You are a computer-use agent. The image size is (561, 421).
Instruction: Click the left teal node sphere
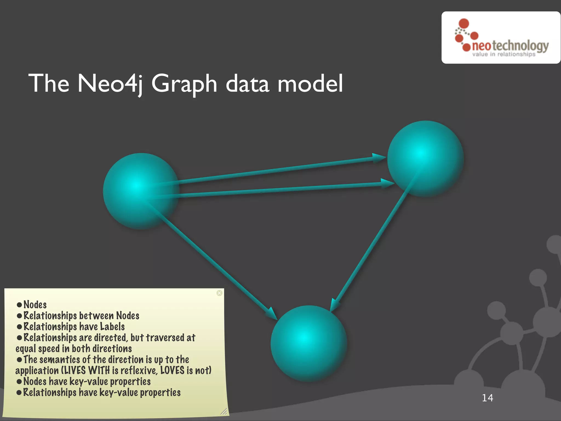141,191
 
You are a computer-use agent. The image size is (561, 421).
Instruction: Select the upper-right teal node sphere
425,159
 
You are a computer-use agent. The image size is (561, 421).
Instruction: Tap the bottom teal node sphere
309,343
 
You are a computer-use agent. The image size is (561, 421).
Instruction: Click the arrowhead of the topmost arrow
379,158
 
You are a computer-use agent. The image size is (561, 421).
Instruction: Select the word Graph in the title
184,84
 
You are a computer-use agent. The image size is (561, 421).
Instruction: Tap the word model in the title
310,83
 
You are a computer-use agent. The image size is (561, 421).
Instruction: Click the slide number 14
488,398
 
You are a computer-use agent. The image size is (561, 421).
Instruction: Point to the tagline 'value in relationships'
504,54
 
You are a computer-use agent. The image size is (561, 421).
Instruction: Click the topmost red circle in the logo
464,24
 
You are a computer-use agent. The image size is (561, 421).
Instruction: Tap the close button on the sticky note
219,293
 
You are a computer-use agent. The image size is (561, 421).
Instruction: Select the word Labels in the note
112,326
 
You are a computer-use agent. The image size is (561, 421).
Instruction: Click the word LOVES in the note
172,370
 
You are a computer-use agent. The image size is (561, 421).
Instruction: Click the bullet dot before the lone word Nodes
19,305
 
